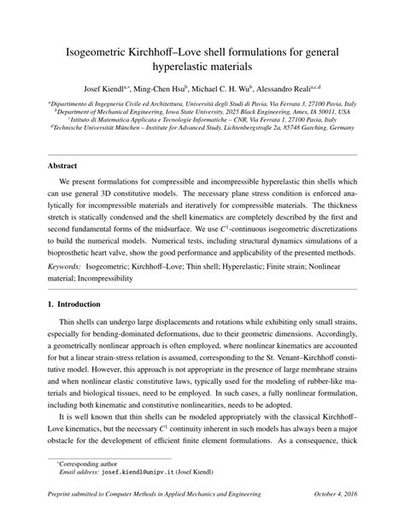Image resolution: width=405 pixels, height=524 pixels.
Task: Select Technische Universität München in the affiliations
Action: point(94,128)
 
